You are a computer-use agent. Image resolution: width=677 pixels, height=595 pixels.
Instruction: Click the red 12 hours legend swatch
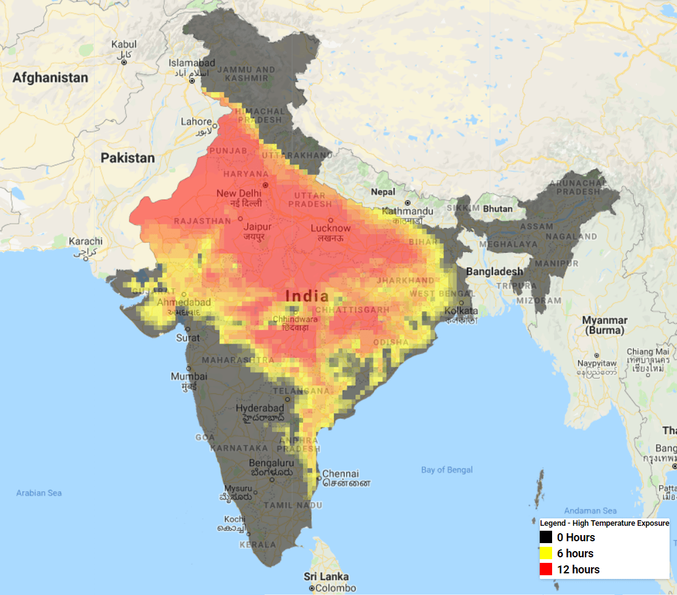click(x=546, y=570)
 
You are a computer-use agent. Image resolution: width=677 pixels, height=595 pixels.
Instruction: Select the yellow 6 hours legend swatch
click(x=546, y=554)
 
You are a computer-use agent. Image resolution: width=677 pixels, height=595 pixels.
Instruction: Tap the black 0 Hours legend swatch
click(x=546, y=538)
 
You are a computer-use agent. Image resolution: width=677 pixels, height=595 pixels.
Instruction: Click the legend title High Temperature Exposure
click(x=604, y=523)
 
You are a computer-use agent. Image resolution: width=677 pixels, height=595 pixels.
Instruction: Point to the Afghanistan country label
click(x=51, y=78)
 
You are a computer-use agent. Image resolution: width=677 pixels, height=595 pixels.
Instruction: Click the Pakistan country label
click(x=128, y=158)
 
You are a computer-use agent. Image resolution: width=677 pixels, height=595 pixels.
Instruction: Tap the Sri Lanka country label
click(x=326, y=576)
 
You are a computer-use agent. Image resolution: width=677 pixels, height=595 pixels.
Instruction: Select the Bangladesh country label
click(x=494, y=271)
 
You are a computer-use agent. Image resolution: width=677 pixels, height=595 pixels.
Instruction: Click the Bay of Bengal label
click(x=447, y=470)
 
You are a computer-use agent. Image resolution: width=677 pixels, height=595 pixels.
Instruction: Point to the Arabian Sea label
click(x=39, y=493)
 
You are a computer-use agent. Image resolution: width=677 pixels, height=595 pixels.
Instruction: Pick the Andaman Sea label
click(x=590, y=511)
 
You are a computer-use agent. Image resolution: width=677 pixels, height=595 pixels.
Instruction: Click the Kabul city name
click(x=124, y=44)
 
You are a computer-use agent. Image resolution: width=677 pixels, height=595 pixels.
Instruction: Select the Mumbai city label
click(x=189, y=376)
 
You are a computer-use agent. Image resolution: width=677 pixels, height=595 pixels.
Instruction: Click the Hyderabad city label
click(x=260, y=408)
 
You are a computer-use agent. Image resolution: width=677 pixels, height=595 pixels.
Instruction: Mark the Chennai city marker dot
click(x=318, y=477)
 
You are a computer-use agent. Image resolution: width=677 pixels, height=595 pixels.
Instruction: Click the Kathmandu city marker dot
click(x=407, y=203)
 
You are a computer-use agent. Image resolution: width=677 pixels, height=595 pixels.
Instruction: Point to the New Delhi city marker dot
click(x=266, y=185)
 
